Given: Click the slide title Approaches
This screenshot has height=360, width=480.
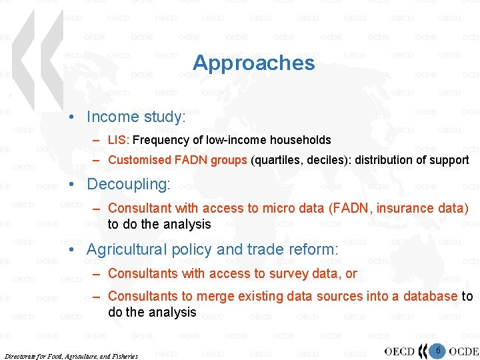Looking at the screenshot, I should point(253,63).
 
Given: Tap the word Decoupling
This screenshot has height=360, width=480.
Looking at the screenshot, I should point(127,183).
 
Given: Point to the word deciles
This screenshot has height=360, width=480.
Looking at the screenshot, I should point(326,160).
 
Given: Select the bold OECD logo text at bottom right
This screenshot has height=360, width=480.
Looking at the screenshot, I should point(400,351).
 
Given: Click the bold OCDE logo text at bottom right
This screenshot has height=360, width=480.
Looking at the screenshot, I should point(463,351).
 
